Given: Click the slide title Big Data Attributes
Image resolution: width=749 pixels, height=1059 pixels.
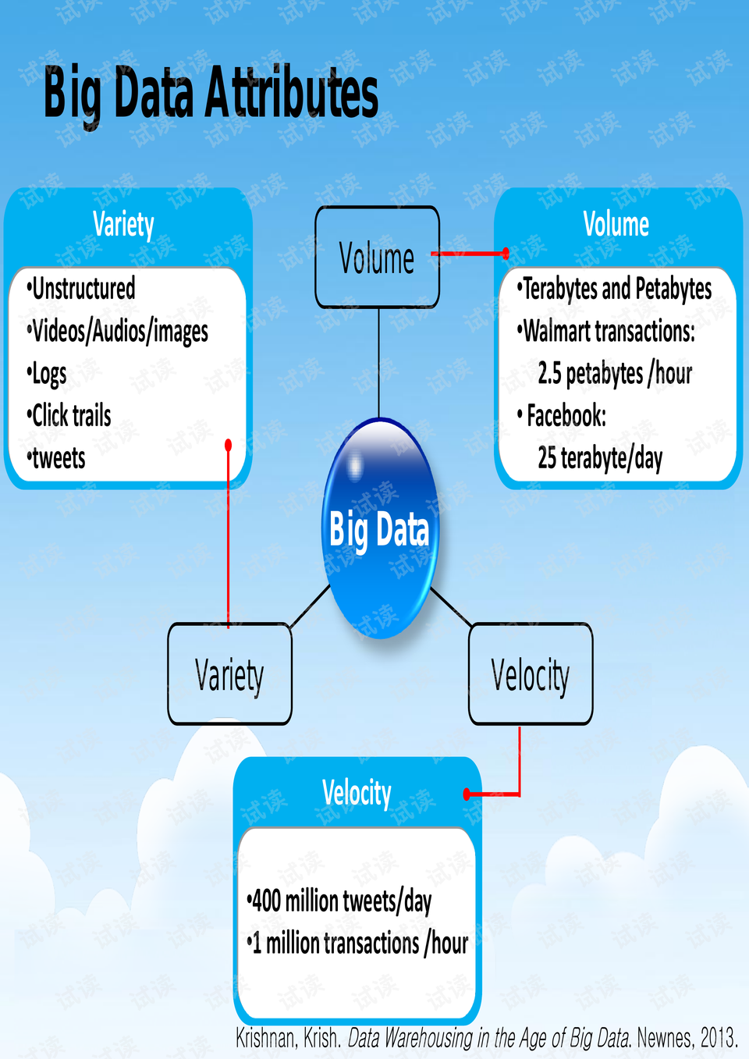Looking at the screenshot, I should tap(211, 94).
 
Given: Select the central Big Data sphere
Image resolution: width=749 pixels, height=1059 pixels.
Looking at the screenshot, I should tap(380, 529).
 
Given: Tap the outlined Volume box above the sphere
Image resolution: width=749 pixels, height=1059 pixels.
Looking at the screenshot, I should tap(377, 258).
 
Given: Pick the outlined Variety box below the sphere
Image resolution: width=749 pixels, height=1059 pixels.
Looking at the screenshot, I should tap(229, 674).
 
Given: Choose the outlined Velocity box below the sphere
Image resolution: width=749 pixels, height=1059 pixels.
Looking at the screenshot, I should tap(531, 674).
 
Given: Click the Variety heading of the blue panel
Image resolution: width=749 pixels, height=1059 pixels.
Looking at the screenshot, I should tap(123, 225).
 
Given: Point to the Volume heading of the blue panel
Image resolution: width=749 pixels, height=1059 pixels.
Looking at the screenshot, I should tap(616, 225).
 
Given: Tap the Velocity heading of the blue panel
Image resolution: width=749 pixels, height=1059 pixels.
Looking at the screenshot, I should tap(357, 793).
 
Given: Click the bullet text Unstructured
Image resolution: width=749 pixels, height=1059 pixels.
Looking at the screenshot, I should tap(83, 289).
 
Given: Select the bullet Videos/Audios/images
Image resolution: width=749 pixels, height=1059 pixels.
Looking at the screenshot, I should tap(119, 332).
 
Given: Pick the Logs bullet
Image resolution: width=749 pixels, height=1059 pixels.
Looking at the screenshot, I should tap(48, 374).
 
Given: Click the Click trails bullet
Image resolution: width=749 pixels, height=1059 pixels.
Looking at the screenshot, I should tap(71, 416).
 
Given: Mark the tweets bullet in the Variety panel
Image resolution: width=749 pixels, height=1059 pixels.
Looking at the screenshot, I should tap(59, 458).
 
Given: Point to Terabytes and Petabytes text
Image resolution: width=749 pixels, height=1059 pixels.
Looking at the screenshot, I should tap(616, 289).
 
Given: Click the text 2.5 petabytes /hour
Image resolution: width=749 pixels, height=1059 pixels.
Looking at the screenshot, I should tap(614, 374).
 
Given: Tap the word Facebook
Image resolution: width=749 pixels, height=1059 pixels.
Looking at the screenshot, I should tap(566, 416).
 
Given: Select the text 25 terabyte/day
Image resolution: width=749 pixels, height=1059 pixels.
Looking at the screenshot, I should tap(599, 458).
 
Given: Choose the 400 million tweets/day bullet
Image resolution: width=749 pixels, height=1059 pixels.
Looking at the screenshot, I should tap(341, 901).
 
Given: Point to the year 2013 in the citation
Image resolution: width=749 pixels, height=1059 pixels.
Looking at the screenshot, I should tap(718, 1039).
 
